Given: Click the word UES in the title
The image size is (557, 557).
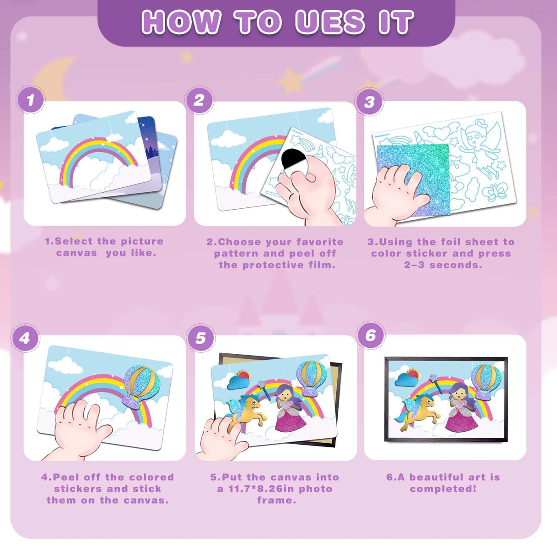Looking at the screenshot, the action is (329, 22).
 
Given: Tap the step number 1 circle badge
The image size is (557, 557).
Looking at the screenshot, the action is (31, 100).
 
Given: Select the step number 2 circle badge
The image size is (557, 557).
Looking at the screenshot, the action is (199, 100).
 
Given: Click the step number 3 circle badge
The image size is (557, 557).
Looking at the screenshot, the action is (369, 101).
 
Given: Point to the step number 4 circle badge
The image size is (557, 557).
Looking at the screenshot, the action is (25, 338).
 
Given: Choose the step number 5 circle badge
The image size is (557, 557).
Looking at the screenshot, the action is (201, 338).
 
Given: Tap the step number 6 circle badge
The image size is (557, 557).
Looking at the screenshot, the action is (371, 335).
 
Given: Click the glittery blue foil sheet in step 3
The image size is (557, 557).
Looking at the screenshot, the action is (413, 179).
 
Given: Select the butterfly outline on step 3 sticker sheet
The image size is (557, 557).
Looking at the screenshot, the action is (495, 192).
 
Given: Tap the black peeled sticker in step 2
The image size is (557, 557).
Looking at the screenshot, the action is (292, 158).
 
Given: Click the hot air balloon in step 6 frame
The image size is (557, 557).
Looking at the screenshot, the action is (485, 382).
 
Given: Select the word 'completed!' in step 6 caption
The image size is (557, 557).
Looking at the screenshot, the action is (443, 489).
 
